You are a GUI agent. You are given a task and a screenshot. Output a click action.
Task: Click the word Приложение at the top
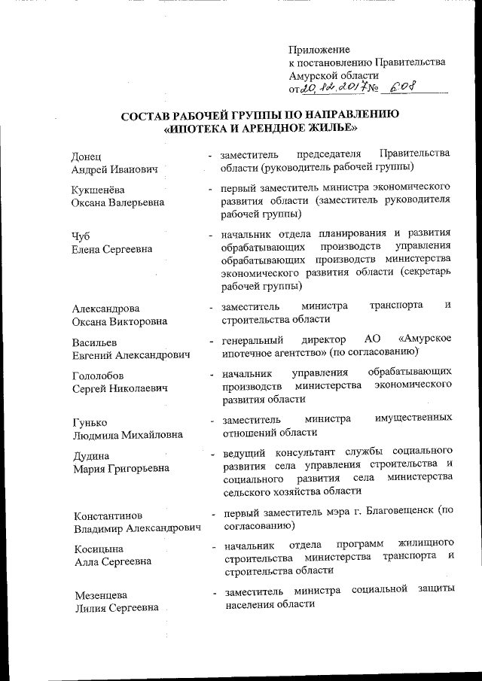[x=319, y=50]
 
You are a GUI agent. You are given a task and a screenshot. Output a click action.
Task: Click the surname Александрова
[x=106, y=308]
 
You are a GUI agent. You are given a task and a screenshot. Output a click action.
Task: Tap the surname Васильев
[x=95, y=341]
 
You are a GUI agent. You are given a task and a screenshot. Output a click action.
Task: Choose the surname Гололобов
[x=99, y=375]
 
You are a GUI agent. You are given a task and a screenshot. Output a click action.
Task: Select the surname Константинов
[x=108, y=515]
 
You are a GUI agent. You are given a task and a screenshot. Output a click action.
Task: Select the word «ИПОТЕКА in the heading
[x=199, y=128]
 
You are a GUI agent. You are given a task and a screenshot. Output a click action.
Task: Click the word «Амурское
[x=424, y=339]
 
